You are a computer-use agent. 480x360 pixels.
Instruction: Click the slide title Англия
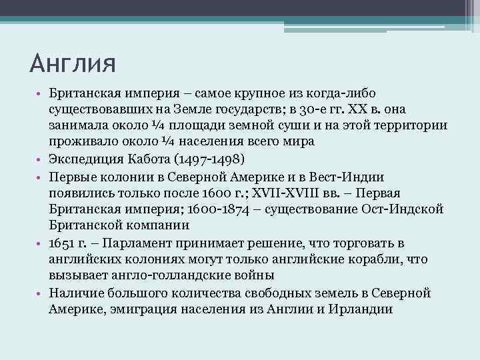tap(73, 65)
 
